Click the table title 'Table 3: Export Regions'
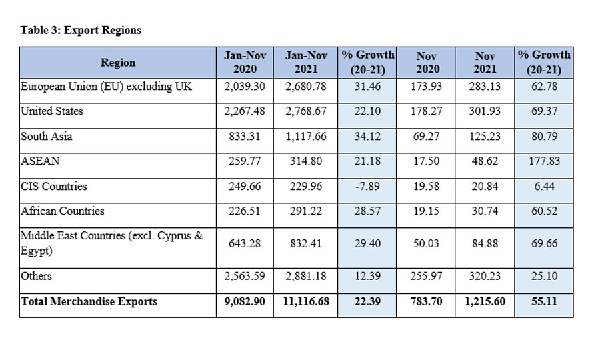click(81, 30)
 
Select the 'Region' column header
click(118, 63)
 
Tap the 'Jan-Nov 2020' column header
click(245, 63)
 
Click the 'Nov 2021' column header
click(485, 63)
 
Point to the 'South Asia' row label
click(47, 136)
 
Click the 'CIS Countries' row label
click(54, 186)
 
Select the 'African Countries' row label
click(63, 211)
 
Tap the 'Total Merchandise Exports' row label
click(89, 301)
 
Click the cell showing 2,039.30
click(245, 87)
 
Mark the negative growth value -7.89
click(367, 187)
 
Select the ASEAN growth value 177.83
click(543, 161)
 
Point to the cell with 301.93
click(485, 111)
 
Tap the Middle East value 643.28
click(245, 243)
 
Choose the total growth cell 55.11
click(543, 302)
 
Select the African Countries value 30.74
click(485, 211)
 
